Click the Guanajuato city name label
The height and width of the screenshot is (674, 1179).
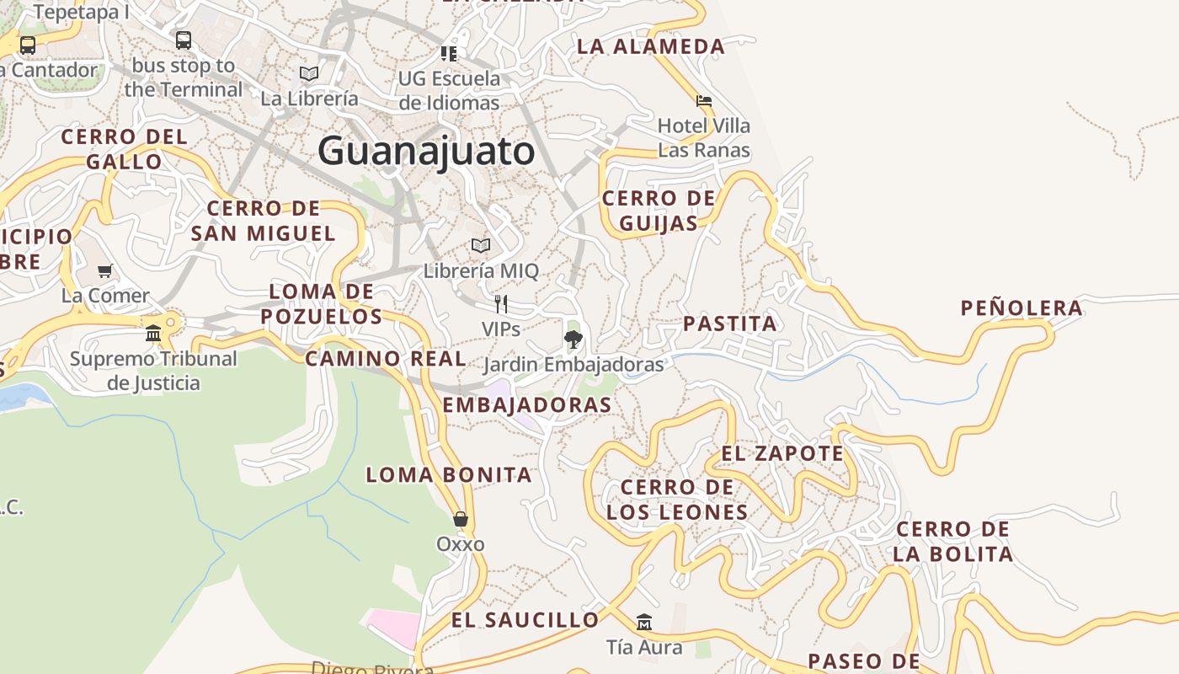426,152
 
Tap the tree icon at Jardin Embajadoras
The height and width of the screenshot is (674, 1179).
573,340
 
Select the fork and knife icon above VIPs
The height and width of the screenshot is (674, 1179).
501,304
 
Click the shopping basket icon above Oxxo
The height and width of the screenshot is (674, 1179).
460,518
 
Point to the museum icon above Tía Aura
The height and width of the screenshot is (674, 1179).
644,622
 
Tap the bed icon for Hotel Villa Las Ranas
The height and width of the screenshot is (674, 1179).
704,101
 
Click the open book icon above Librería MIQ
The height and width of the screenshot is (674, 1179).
481,245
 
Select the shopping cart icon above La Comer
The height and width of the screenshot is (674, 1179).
105,270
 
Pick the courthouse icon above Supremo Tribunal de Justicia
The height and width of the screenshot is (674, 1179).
153,333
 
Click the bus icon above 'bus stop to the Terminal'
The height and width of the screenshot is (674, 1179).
184,40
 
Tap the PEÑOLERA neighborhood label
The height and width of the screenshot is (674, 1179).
1022,308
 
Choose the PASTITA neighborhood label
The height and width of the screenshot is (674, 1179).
730,324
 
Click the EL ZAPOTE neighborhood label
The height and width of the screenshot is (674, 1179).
782,453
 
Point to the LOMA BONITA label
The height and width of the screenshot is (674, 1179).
449,474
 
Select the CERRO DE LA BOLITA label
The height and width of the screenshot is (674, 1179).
952,542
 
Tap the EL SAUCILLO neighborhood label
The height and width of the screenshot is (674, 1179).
525,620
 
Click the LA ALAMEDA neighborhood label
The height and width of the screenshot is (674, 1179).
650,46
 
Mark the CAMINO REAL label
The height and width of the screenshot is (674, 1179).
385,358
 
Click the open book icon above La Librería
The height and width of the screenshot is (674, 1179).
309,73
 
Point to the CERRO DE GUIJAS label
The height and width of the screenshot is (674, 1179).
659,211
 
